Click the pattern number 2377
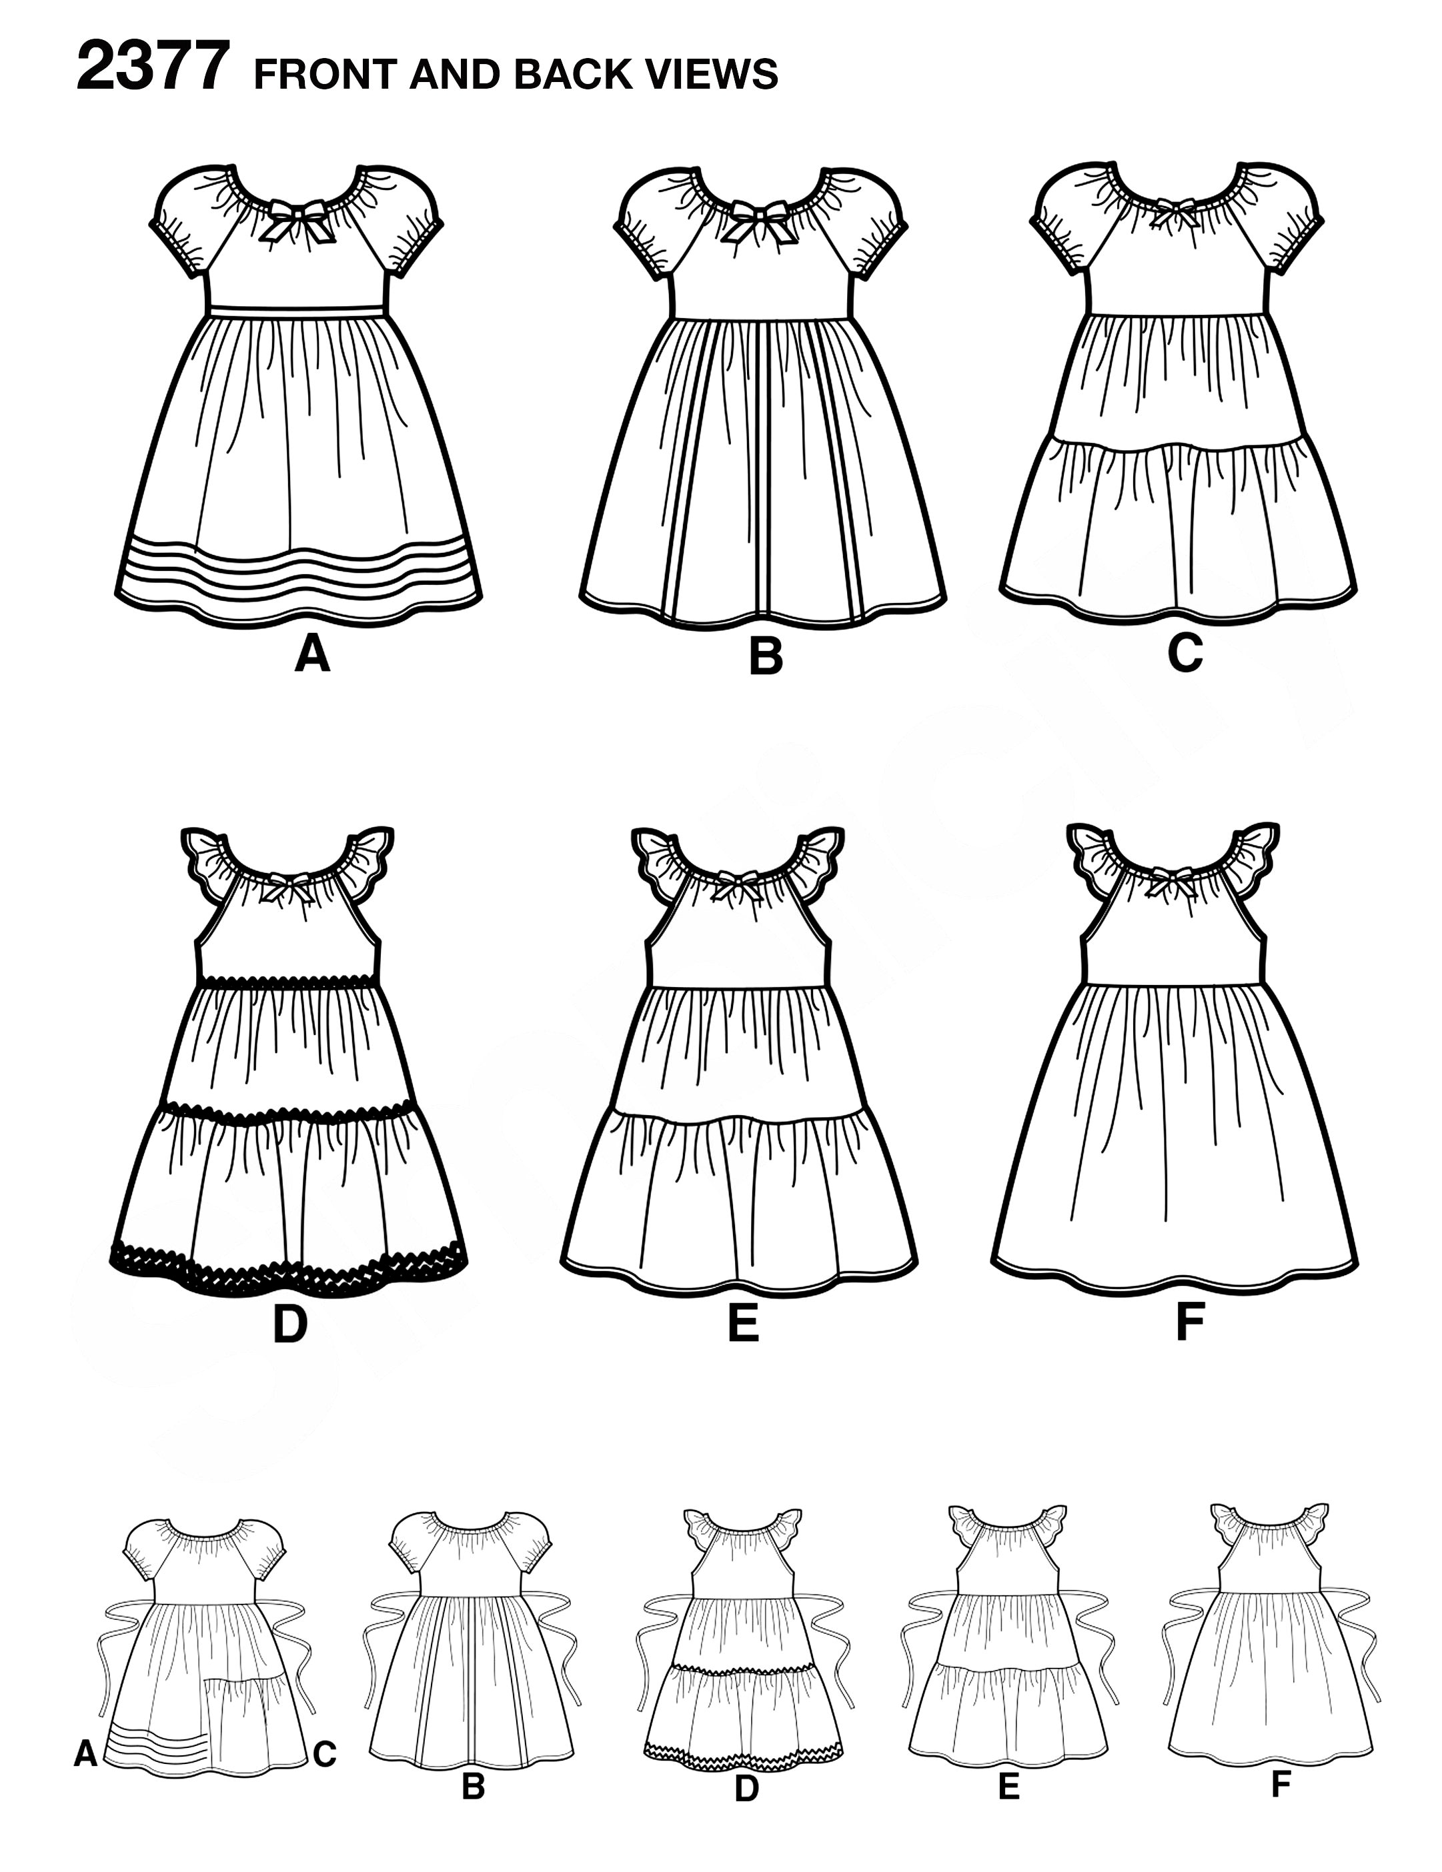[153, 69]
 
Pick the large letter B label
[766, 658]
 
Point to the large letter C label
[1185, 654]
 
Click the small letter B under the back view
[474, 1785]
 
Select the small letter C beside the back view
[324, 1755]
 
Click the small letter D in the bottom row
[747, 1786]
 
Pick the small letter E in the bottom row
[1008, 1785]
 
